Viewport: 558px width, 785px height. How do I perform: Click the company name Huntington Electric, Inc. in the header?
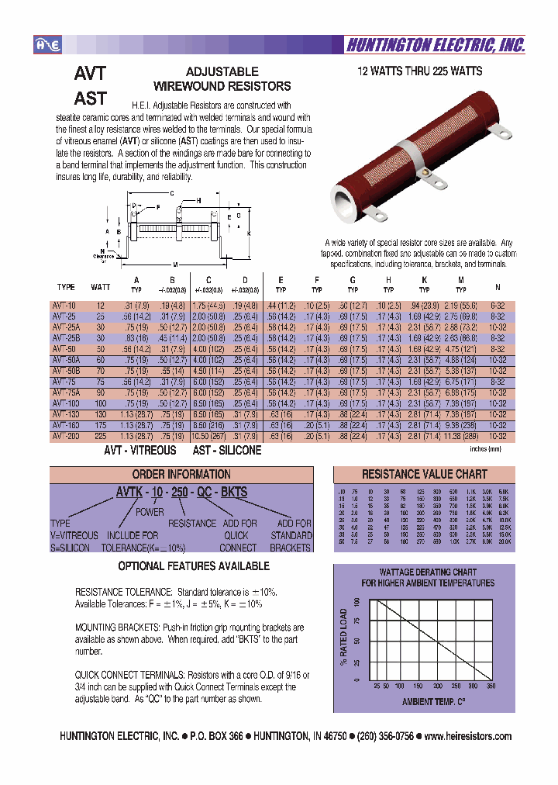435,46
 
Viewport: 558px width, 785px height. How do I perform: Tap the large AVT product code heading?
90,74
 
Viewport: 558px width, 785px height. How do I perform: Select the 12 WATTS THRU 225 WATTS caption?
419,71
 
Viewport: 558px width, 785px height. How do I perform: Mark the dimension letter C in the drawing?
171,192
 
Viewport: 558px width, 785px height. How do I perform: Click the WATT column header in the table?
101,286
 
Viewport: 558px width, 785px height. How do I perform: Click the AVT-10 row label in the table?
65,306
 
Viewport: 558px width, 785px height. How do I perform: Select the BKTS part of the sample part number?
234,493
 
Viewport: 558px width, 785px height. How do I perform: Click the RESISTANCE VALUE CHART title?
424,474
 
